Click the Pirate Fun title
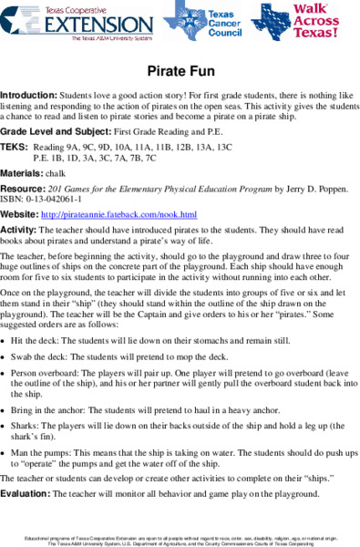[x=180, y=71]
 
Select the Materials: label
[x=21, y=172]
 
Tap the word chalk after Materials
[x=57, y=172]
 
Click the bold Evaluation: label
[x=26, y=493]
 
